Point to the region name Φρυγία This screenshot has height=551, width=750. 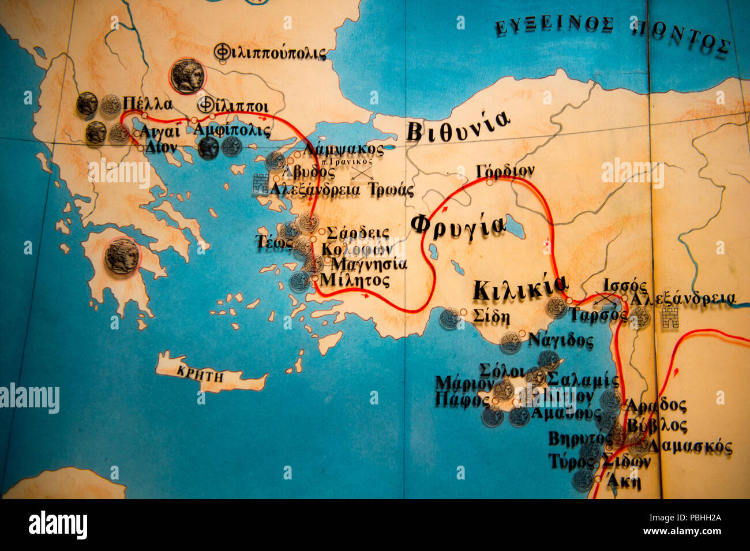458,224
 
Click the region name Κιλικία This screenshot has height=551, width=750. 520,287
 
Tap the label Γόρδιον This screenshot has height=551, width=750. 505,171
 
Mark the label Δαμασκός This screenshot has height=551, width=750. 690,447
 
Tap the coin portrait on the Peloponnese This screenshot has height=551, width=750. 122,256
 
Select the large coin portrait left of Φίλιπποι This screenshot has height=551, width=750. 187,76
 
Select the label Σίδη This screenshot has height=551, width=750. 491,317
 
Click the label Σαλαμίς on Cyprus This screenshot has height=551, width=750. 583,380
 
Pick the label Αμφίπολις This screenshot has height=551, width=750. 231,130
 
